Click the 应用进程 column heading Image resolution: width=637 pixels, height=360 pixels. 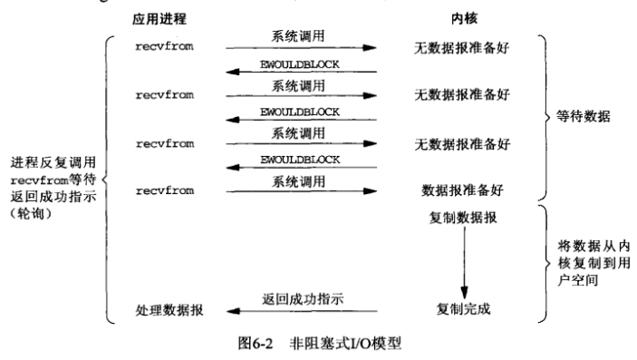[162, 18]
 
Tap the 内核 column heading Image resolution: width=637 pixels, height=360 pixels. [458, 18]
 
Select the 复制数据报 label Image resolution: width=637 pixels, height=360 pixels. [459, 219]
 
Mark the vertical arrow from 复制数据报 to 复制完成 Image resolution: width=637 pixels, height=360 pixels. [464, 263]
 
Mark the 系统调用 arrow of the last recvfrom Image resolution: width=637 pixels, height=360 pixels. [300, 191]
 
